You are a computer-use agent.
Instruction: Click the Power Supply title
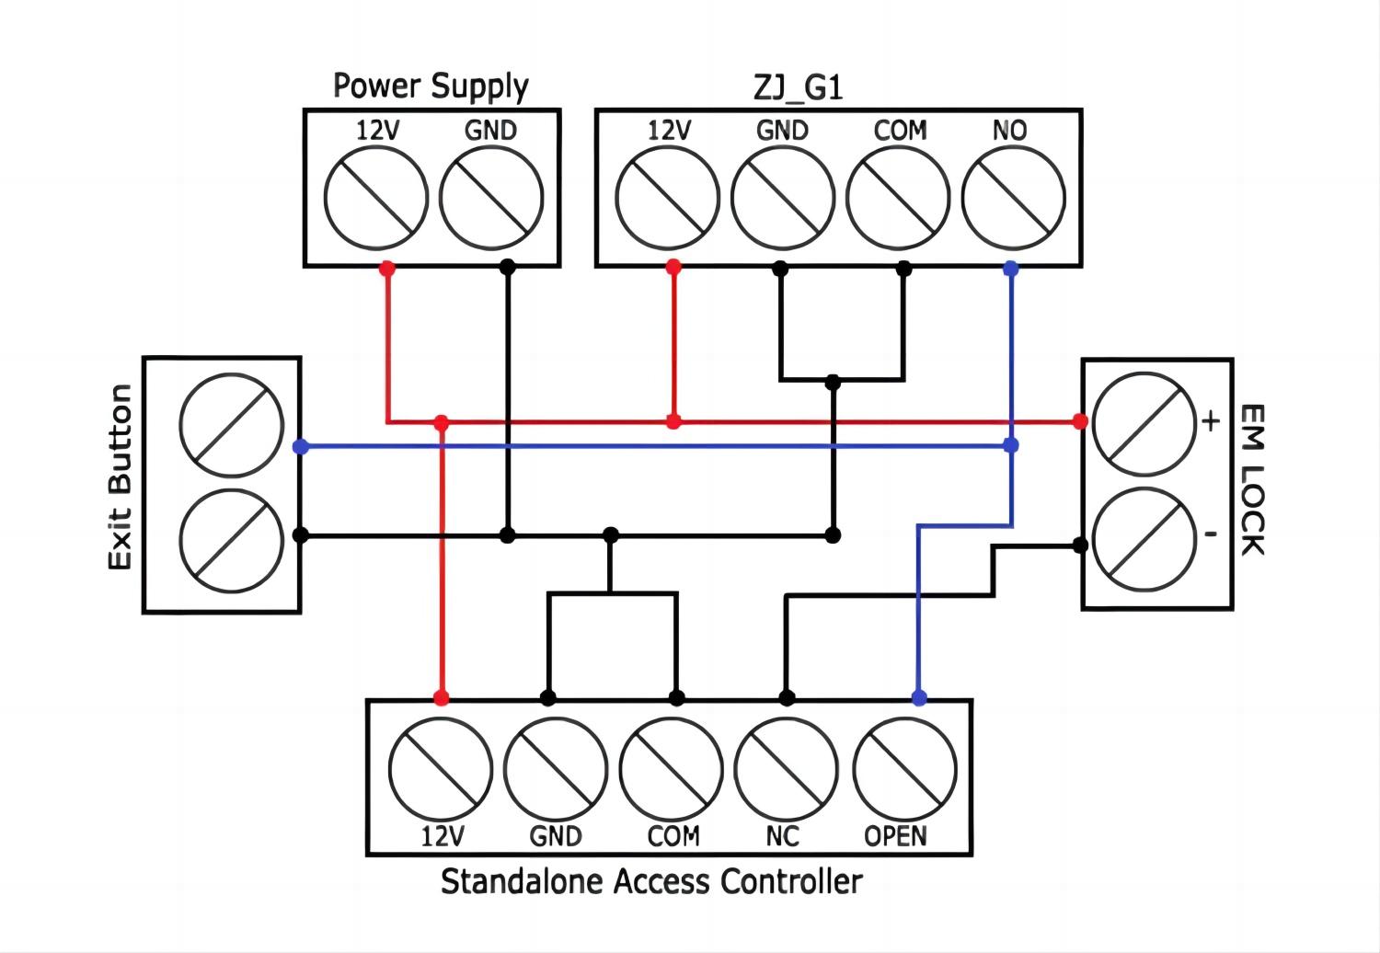(x=431, y=86)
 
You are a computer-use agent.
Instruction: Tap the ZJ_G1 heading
(x=798, y=87)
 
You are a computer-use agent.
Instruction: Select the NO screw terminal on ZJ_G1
(x=1013, y=198)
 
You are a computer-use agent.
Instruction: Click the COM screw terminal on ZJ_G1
(x=898, y=198)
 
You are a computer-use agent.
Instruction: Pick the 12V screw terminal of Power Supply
(x=376, y=198)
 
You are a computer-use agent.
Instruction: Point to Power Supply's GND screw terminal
(x=491, y=198)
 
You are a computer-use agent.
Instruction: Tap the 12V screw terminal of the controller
(x=441, y=769)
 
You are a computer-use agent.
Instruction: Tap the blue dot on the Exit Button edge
(x=300, y=446)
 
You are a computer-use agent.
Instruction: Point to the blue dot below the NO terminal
(x=1011, y=269)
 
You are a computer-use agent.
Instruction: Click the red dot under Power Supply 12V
(x=387, y=269)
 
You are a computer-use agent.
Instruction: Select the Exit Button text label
(x=121, y=477)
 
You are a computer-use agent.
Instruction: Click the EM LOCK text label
(x=1253, y=479)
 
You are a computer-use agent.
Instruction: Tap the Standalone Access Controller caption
(x=651, y=881)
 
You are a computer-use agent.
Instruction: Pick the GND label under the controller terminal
(x=556, y=836)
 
